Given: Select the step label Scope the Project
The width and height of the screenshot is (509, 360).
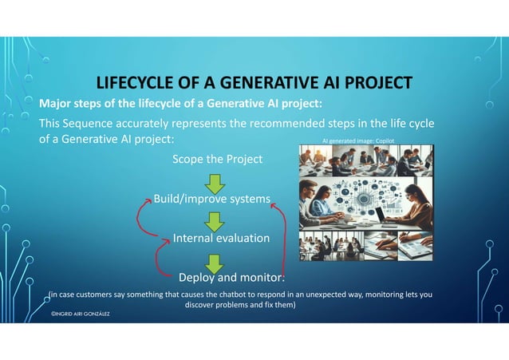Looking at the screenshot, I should (x=217, y=159).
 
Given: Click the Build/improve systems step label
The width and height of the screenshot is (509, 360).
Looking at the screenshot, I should (x=211, y=198).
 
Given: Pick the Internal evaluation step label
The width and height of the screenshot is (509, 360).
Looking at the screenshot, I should (x=221, y=238).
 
